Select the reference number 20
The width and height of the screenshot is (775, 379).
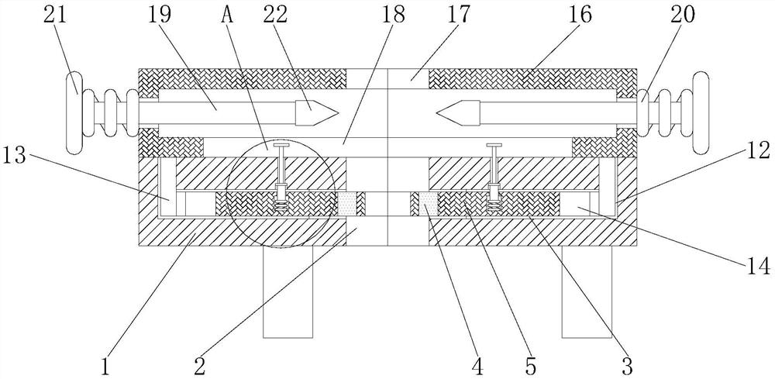click(683, 15)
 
